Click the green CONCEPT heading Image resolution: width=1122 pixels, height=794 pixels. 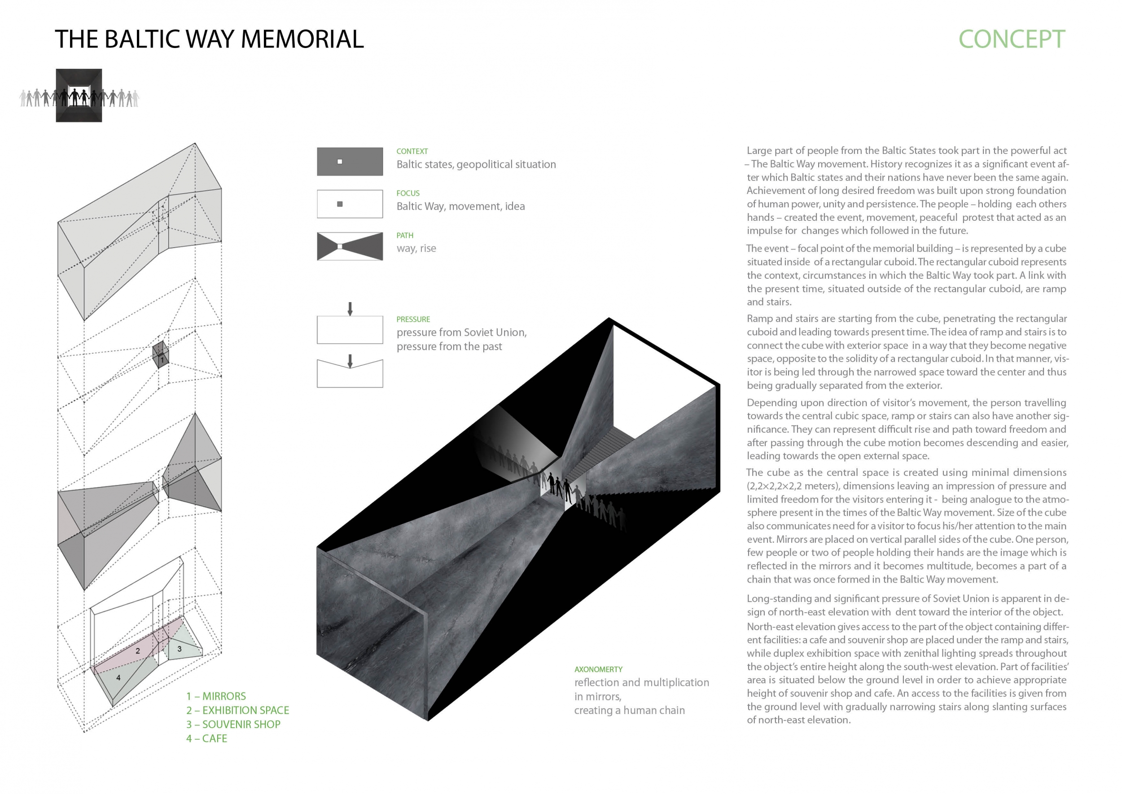tap(1011, 39)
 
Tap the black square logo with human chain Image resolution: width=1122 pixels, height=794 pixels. tap(79, 95)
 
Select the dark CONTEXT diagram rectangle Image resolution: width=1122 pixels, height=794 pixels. tap(350, 161)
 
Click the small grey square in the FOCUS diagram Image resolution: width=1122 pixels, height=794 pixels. tap(340, 204)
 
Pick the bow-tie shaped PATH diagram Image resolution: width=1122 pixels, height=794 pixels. tap(350, 246)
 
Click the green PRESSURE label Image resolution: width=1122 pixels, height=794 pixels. tap(412, 319)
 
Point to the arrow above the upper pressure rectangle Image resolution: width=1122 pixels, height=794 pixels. tap(350, 308)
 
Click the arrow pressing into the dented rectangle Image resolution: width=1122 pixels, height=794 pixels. tap(350, 361)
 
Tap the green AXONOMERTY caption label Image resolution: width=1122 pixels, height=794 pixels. tap(598, 669)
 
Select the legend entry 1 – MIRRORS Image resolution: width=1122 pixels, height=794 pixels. tap(215, 696)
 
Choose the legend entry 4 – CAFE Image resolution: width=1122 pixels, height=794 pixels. tap(206, 738)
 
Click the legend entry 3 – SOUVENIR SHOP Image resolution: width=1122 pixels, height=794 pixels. tap(233, 724)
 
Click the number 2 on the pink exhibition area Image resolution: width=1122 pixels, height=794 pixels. tap(138, 651)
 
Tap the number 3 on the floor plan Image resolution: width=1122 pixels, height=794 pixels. tap(180, 649)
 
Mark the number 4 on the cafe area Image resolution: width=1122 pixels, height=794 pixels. tap(118, 678)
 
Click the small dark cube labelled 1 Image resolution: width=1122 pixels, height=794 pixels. tap(160, 355)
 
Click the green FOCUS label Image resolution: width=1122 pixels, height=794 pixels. tap(408, 193)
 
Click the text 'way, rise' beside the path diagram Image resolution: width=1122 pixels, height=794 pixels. tap(416, 248)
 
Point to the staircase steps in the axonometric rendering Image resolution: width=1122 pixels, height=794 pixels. tap(606, 450)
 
